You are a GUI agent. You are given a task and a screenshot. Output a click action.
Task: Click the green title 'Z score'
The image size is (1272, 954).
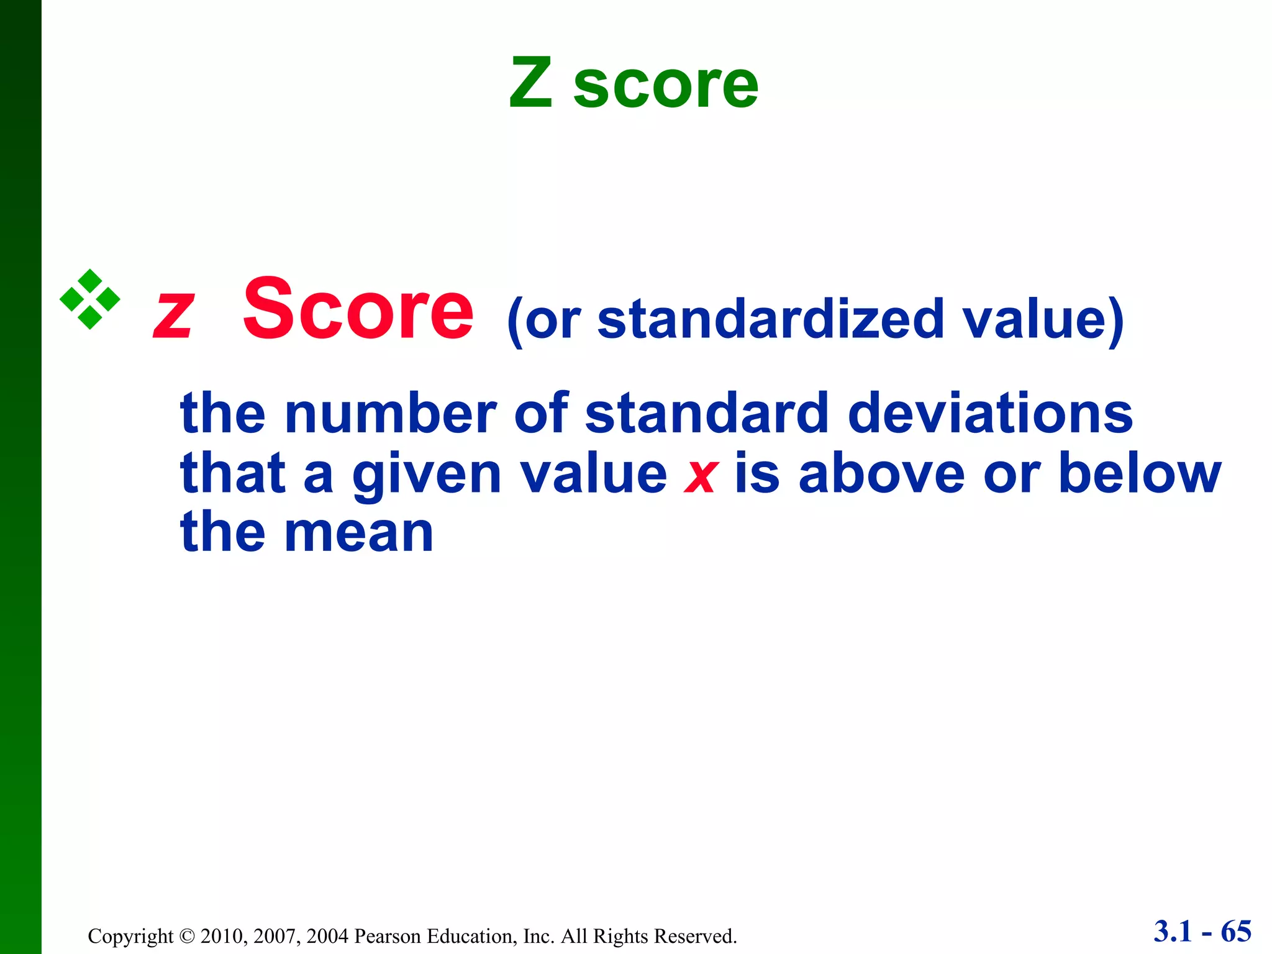coord(634,83)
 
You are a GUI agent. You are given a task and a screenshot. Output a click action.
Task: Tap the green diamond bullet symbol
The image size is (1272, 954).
coord(90,299)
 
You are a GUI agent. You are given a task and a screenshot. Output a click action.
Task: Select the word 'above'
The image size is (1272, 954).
coord(882,473)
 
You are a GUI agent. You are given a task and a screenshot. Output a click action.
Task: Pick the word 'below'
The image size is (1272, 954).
coord(1139,473)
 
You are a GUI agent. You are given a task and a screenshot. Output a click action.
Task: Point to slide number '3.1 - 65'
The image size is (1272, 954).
coord(1202,932)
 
